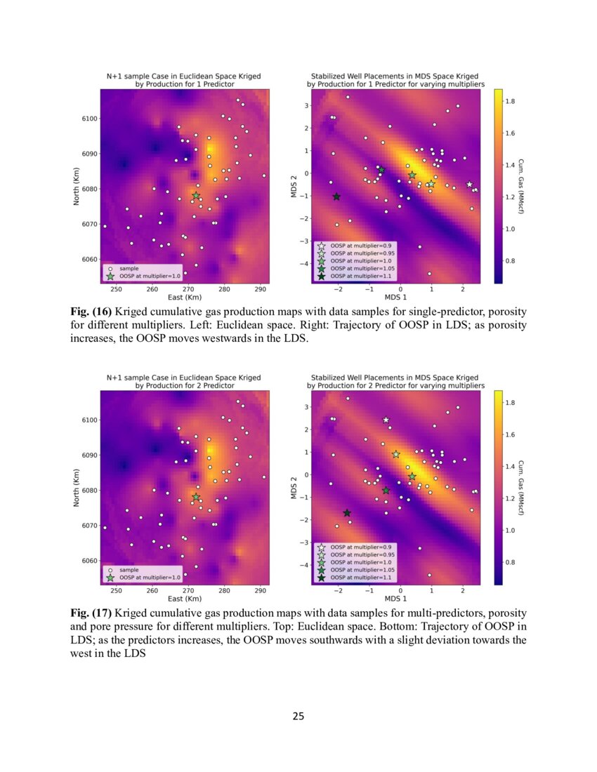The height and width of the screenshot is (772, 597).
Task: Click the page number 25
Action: point(298,717)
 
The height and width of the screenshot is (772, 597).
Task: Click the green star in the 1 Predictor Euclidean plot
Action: point(196,196)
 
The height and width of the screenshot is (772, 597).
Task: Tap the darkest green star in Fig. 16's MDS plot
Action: point(336,197)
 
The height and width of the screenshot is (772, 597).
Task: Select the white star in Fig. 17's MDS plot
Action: point(386,420)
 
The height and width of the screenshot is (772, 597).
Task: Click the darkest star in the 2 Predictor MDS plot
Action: point(347,513)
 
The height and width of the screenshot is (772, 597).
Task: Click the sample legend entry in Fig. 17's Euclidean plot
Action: point(129,569)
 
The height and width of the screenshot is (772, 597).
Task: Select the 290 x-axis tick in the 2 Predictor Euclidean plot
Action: point(260,591)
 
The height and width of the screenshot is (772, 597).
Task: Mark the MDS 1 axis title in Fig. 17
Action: point(395,599)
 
